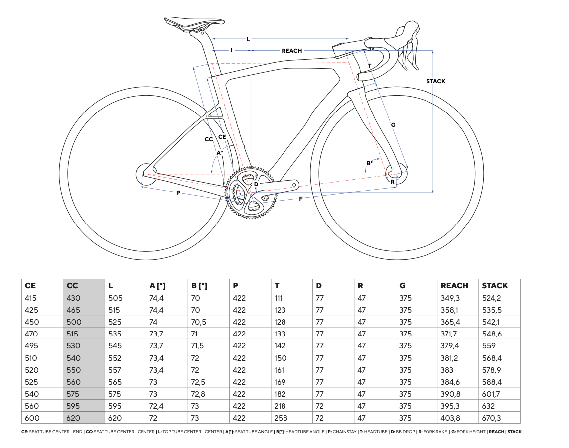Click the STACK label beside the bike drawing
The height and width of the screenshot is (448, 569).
435,81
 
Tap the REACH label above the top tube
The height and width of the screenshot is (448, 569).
292,51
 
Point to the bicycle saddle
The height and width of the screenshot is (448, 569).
194,24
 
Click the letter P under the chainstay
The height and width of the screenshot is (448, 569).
178,193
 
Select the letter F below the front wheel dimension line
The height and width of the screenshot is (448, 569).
301,199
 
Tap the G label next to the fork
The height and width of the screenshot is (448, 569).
393,125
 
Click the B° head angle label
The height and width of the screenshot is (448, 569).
369,163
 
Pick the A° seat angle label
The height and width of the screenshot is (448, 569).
220,153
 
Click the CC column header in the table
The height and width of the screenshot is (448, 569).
72,286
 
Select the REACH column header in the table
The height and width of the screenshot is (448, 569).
454,286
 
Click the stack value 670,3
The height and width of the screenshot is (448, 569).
491,418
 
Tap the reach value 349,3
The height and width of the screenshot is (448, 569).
450,298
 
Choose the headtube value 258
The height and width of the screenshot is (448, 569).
281,418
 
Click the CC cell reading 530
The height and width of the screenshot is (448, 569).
73,346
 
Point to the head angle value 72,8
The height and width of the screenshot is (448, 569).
198,394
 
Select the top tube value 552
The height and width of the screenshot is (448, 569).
115,358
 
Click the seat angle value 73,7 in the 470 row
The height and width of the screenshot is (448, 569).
156,334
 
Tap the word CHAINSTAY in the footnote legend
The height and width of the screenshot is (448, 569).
345,432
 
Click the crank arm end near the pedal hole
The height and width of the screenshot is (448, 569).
294,185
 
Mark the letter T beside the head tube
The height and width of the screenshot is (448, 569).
369,66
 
